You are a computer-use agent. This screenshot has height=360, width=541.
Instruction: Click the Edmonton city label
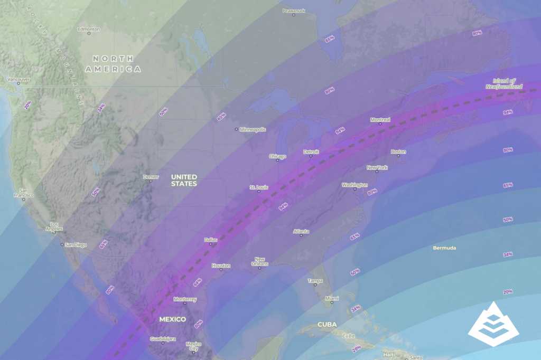(88, 29)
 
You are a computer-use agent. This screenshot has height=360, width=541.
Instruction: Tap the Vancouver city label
(18, 80)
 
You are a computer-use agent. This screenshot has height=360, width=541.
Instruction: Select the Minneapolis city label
(253, 129)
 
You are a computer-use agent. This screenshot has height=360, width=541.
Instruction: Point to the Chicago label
(277, 156)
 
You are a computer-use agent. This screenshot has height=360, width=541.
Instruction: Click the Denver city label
(151, 177)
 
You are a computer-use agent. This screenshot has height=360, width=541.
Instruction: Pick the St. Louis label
(259, 187)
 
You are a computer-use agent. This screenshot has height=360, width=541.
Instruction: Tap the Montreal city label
(380, 120)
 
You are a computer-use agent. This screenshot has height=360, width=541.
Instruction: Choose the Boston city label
(398, 152)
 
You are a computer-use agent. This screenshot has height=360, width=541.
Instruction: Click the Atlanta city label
(301, 231)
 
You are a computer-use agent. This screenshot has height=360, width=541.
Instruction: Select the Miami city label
(332, 299)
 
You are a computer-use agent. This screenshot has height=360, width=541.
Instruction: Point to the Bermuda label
(444, 248)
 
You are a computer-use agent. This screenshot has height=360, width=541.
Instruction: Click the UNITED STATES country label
(184, 180)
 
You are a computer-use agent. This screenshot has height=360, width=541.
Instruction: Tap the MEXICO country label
(173, 319)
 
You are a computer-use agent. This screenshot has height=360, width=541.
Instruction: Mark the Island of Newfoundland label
(505, 83)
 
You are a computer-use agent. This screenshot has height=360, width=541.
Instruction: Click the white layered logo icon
(493, 324)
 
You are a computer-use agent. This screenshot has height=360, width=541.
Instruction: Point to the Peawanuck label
(294, 11)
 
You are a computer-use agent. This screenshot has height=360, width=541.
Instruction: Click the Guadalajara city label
(163, 339)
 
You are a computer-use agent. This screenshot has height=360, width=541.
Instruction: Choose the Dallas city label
(210, 240)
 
